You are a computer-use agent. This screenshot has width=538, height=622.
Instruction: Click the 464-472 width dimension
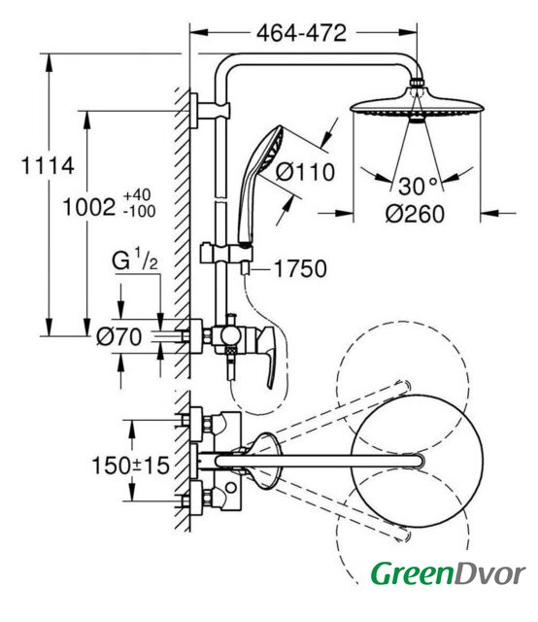click(x=301, y=33)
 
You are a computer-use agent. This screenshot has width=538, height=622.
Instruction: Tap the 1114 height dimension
click(x=48, y=165)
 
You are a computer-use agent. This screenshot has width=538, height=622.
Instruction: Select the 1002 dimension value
click(x=89, y=207)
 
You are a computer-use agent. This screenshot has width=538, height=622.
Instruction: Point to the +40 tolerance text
click(x=137, y=195)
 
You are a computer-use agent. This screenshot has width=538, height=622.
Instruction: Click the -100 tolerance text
click(x=139, y=212)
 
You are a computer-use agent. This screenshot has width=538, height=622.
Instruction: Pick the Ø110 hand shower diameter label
click(x=305, y=173)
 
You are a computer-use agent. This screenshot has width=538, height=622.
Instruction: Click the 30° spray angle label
click(x=418, y=186)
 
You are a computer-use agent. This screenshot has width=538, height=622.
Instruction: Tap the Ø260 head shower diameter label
click(x=415, y=214)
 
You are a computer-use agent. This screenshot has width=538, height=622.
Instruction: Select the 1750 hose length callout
click(x=300, y=268)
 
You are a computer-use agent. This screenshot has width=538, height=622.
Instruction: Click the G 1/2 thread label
click(x=135, y=259)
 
